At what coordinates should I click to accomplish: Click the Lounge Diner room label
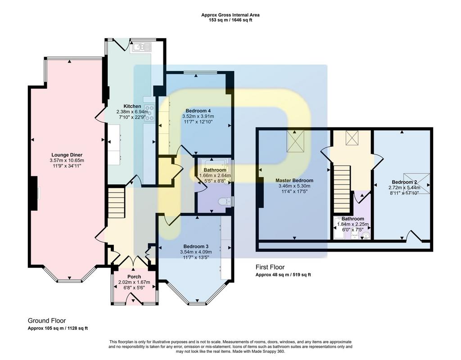point(67,155)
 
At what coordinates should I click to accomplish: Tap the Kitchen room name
point(132,106)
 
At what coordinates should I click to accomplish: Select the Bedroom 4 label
point(198,111)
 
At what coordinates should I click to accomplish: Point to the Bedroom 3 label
point(196,246)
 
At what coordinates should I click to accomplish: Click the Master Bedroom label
point(294,180)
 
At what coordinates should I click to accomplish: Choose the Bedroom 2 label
point(404,182)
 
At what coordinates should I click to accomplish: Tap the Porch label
point(134,277)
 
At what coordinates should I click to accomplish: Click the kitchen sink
point(141,47)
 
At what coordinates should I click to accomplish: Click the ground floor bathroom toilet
point(225,202)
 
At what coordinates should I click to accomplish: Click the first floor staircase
point(342,189)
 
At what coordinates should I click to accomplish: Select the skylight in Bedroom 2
point(416,184)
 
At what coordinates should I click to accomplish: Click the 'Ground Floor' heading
point(47,320)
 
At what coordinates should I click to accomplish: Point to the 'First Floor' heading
point(270,267)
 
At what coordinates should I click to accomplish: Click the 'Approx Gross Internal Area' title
point(230,15)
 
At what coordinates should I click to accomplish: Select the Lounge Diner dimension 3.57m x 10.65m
point(67,161)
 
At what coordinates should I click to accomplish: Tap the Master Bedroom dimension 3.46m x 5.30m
point(294,186)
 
